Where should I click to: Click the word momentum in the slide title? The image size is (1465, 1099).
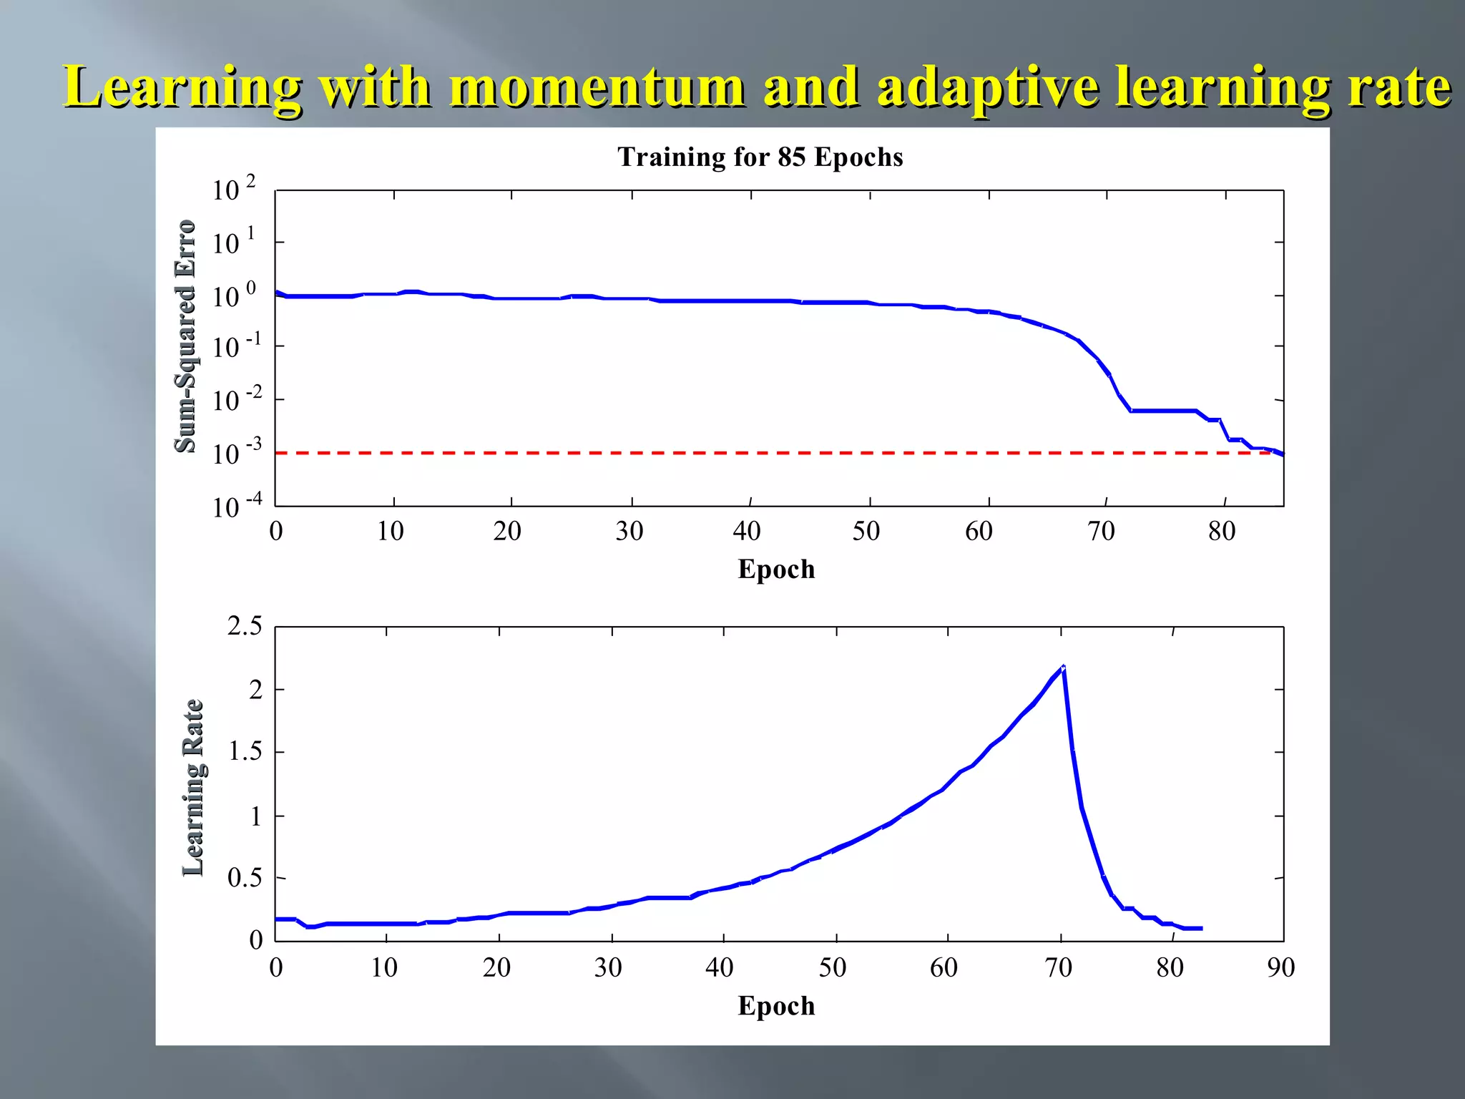(597, 87)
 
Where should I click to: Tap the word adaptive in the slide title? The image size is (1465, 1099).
(987, 87)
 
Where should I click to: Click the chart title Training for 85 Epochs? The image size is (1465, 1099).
(760, 157)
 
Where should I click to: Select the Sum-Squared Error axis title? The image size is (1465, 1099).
(185, 336)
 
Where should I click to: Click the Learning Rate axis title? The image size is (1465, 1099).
(193, 787)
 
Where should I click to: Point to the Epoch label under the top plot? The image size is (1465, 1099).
(776, 570)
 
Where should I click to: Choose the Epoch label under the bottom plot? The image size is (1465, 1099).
(776, 1006)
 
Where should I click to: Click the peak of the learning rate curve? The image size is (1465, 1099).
(1064, 667)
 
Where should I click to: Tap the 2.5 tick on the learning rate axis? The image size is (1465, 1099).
(245, 627)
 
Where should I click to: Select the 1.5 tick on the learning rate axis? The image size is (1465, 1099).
(245, 752)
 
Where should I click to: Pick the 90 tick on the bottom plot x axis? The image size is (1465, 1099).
(1280, 968)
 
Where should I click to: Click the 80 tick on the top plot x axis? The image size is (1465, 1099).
(1222, 532)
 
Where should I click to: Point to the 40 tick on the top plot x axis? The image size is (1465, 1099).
(747, 532)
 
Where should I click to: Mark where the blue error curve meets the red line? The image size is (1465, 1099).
(1279, 453)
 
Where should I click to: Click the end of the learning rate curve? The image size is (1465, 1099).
(1201, 928)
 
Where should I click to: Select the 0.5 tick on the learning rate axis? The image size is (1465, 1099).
(245, 878)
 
